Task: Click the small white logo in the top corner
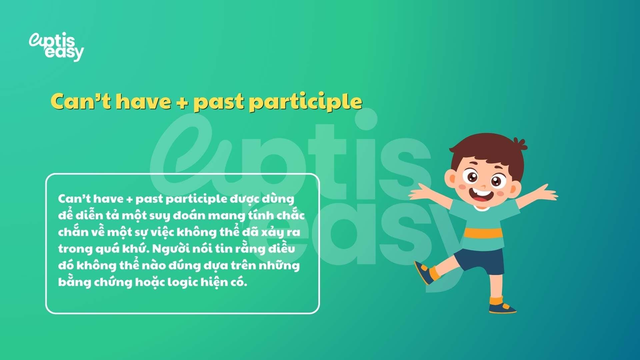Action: [x=56, y=47]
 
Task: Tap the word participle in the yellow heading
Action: [x=306, y=102]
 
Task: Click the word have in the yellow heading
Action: [x=143, y=101]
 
